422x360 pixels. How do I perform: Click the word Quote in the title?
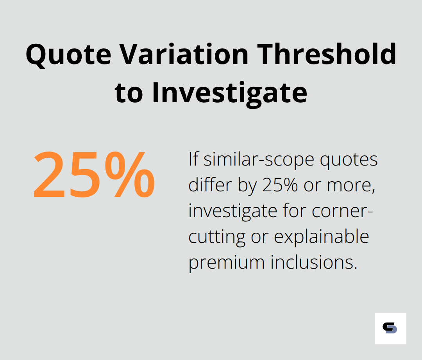click(68, 55)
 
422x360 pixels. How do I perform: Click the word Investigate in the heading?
click(230, 93)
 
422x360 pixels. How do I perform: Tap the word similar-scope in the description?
click(259, 160)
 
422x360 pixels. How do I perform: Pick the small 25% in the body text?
click(280, 185)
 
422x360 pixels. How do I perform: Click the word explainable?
click(321, 237)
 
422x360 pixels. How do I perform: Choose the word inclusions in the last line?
click(314, 262)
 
